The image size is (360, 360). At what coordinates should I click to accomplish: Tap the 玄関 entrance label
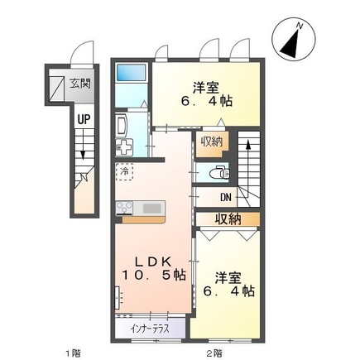(x=81, y=82)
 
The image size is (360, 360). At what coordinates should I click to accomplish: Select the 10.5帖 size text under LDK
(x=155, y=276)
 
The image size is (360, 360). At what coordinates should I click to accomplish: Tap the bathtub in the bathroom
(x=131, y=73)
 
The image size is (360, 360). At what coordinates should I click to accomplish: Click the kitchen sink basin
(x=153, y=208)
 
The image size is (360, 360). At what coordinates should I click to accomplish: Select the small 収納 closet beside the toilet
(x=211, y=142)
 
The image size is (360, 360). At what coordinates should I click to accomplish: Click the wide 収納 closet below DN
(x=228, y=218)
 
